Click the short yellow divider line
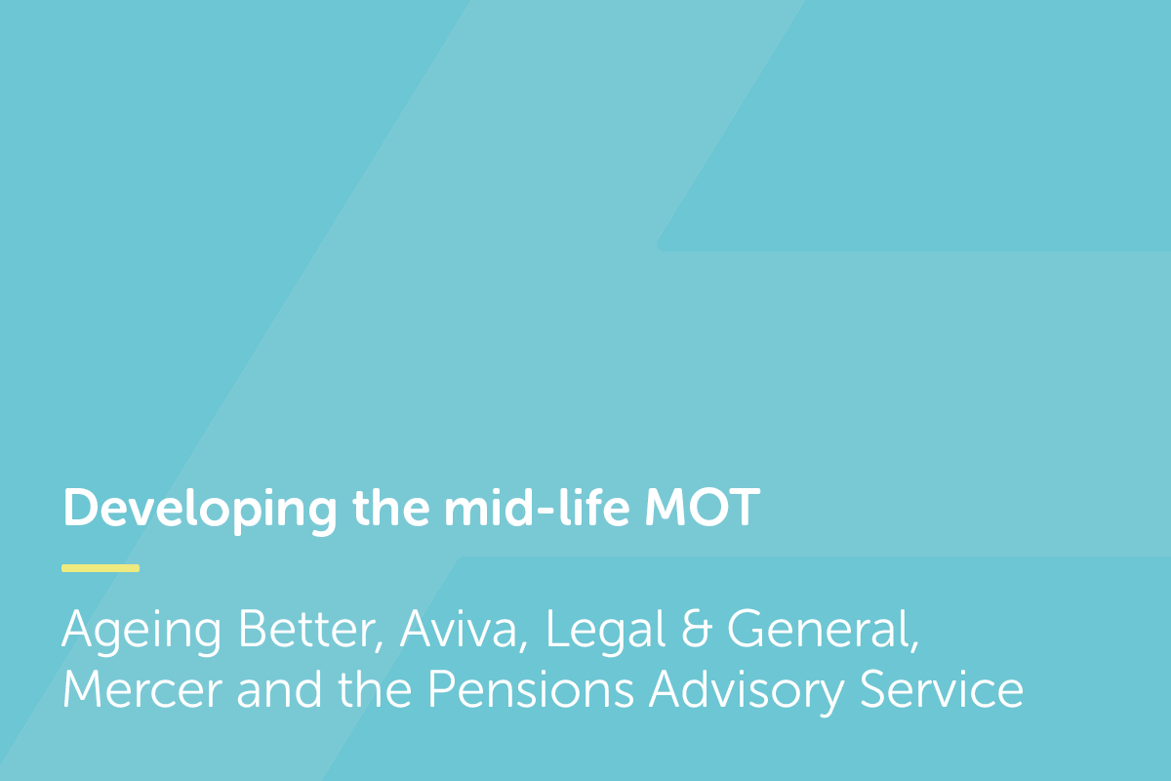click(x=101, y=567)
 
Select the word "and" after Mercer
click(x=274, y=690)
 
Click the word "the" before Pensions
click(x=375, y=690)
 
